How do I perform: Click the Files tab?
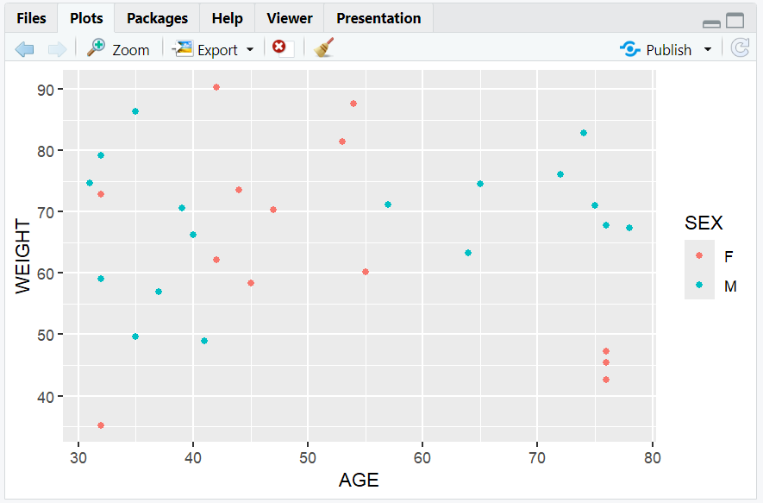pyautogui.click(x=31, y=18)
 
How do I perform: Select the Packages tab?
pyautogui.click(x=157, y=18)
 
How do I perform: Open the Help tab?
pyautogui.click(x=227, y=18)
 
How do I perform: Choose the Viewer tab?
pyautogui.click(x=290, y=18)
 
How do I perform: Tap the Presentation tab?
pyautogui.click(x=378, y=18)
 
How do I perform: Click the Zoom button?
pyautogui.click(x=119, y=49)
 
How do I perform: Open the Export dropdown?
pyautogui.click(x=214, y=49)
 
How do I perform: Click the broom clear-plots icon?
pyautogui.click(x=324, y=48)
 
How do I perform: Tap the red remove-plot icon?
pyautogui.click(x=279, y=47)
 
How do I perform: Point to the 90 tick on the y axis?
pyautogui.click(x=46, y=89)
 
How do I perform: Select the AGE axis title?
pyautogui.click(x=359, y=481)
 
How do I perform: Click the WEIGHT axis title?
pyautogui.click(x=23, y=256)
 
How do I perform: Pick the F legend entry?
pyautogui.click(x=729, y=256)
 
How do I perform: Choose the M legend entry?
pyautogui.click(x=730, y=286)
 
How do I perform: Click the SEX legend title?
pyautogui.click(x=704, y=223)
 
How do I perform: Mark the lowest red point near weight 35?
pyautogui.click(x=101, y=425)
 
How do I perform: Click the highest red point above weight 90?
pyautogui.click(x=216, y=87)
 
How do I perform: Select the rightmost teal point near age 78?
pyautogui.click(x=629, y=228)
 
